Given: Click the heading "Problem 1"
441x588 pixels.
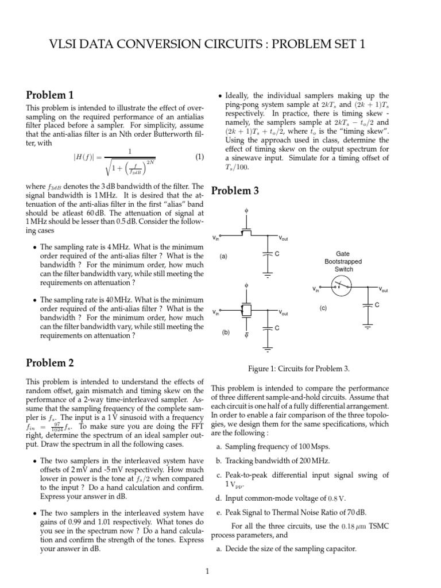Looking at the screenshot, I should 51,95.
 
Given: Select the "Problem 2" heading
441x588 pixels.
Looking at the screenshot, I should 51,362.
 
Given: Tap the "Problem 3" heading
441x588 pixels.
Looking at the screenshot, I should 236,191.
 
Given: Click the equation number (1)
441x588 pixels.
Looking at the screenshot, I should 199,156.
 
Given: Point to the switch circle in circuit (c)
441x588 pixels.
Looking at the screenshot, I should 343,284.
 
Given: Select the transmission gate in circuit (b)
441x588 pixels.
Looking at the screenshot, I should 246,311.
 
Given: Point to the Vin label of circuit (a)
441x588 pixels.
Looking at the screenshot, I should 216,238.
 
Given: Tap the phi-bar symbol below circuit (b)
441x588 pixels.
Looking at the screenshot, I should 246,334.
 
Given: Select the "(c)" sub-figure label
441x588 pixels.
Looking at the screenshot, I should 323,308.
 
